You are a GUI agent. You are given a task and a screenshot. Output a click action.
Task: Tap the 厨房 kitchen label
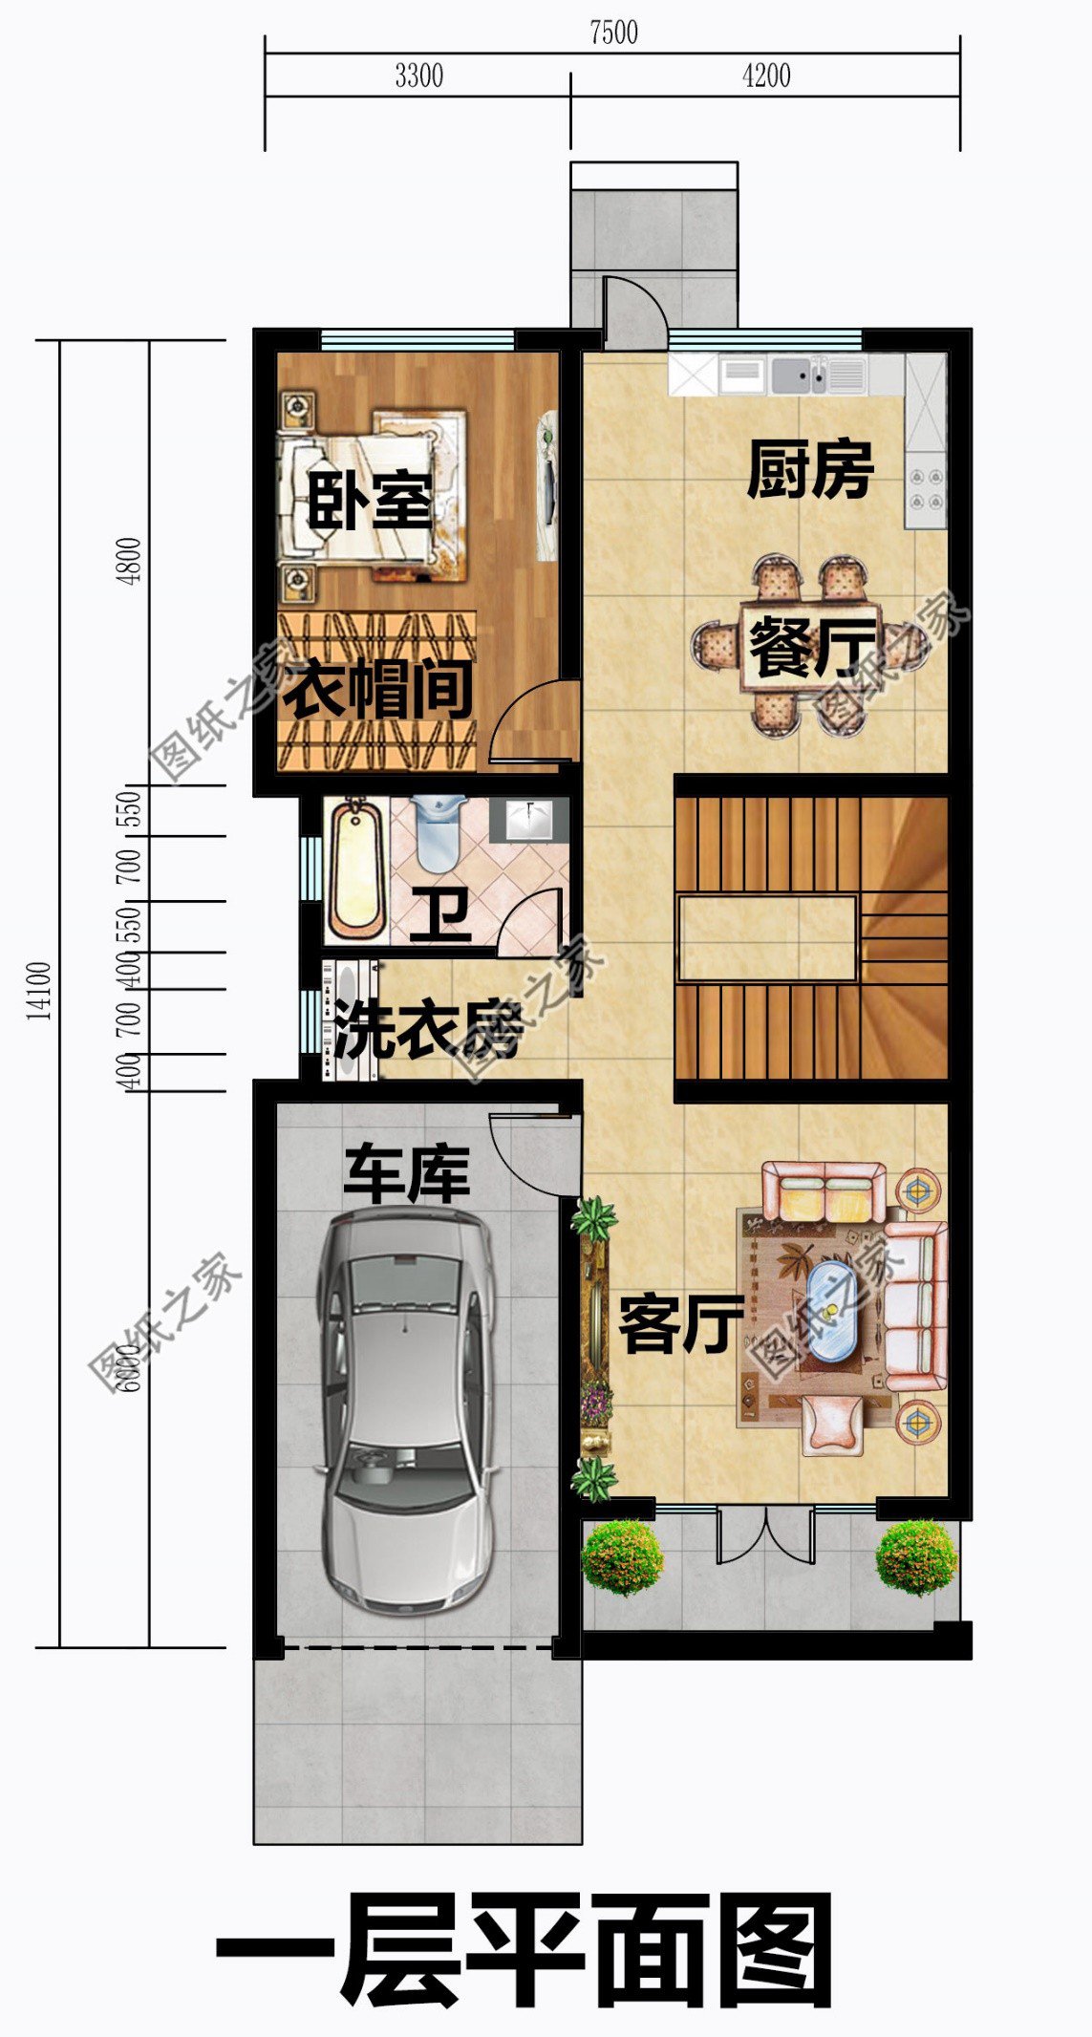click(x=810, y=469)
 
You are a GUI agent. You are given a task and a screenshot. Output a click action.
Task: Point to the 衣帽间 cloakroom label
click(x=379, y=689)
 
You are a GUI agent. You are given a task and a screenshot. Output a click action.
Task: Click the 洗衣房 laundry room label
click(x=428, y=1029)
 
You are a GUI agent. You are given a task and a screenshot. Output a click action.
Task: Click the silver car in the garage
click(x=407, y=1409)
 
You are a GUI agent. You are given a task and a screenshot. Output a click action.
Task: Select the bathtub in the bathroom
click(x=356, y=868)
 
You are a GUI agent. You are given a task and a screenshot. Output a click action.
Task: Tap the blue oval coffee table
click(x=831, y=1311)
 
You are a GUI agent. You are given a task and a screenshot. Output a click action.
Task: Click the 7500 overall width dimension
click(x=613, y=32)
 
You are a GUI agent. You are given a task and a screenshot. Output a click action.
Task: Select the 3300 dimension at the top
click(x=418, y=76)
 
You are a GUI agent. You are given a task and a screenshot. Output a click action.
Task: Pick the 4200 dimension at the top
click(x=766, y=76)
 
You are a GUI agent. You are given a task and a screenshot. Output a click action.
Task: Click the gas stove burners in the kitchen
click(x=925, y=488)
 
